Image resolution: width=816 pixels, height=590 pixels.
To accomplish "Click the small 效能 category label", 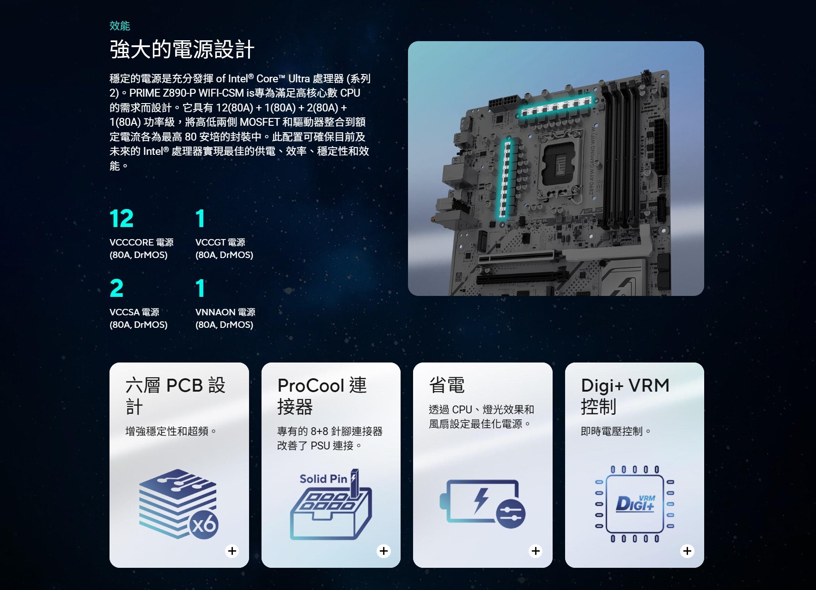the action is tap(120, 26).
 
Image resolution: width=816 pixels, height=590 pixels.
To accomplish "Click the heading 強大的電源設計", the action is tap(182, 49).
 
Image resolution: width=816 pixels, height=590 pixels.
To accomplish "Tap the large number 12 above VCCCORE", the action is tap(122, 219).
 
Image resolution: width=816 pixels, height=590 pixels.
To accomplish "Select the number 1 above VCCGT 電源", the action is tap(200, 219).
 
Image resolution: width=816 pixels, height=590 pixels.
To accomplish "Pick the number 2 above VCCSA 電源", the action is tap(116, 289).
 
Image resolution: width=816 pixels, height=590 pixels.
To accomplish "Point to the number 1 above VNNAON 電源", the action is tap(200, 289).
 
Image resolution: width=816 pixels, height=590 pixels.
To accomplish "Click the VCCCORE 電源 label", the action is tap(141, 242).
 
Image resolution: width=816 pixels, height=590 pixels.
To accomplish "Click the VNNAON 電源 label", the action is tap(225, 312).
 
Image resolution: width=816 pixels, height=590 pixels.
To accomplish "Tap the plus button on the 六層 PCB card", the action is tap(232, 551).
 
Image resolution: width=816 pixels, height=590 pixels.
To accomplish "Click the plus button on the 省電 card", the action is tap(536, 551).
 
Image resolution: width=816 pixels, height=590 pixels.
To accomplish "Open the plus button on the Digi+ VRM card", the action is tap(688, 551).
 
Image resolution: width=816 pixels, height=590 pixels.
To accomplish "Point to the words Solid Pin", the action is tap(323, 479).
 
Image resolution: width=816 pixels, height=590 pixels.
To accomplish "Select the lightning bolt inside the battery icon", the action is tap(481, 500).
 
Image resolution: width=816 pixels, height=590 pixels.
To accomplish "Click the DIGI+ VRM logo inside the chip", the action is tap(636, 504).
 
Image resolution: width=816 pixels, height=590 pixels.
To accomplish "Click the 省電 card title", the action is tap(447, 385).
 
